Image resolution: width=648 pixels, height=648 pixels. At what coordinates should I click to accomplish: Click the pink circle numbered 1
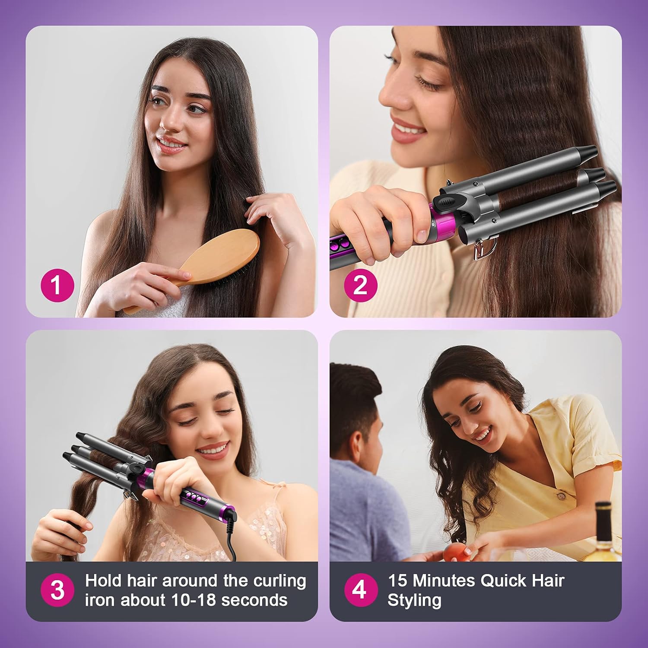click(x=57, y=285)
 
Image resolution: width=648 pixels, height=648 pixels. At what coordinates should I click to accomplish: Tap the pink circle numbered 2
click(x=361, y=285)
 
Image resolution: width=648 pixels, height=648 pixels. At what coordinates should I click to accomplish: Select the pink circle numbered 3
click(x=57, y=590)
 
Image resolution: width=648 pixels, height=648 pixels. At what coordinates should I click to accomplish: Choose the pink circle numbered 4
click(x=361, y=590)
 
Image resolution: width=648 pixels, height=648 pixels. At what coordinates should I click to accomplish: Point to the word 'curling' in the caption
click(x=280, y=581)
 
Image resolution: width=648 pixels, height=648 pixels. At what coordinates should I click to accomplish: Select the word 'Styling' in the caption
click(x=414, y=600)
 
